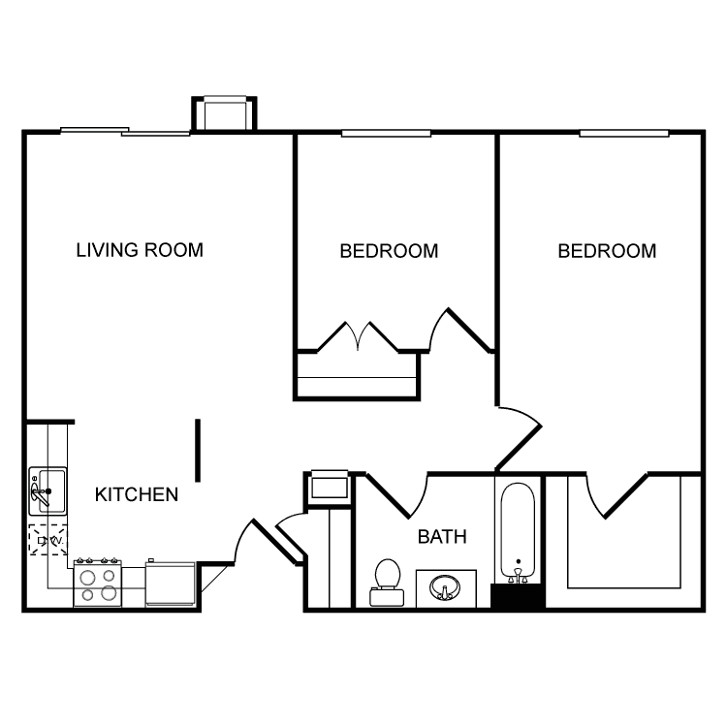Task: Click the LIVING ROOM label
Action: click(140, 250)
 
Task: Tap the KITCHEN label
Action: click(137, 494)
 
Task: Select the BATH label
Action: click(442, 536)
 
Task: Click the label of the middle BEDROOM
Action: click(389, 251)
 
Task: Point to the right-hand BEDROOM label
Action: click(607, 251)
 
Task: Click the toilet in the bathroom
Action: click(387, 583)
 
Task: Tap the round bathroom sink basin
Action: click(445, 588)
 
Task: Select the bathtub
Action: click(518, 532)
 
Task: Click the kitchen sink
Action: click(47, 491)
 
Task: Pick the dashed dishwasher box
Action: click(47, 540)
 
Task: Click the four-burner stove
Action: click(97, 584)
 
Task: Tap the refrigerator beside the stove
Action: click(171, 584)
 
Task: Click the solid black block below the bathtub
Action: click(518, 596)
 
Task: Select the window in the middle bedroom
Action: click(386, 134)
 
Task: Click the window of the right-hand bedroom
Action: click(624, 134)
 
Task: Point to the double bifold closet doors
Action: click(358, 336)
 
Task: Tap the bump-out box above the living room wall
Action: click(225, 113)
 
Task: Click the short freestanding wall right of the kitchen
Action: click(198, 450)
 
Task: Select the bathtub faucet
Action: click(518, 575)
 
